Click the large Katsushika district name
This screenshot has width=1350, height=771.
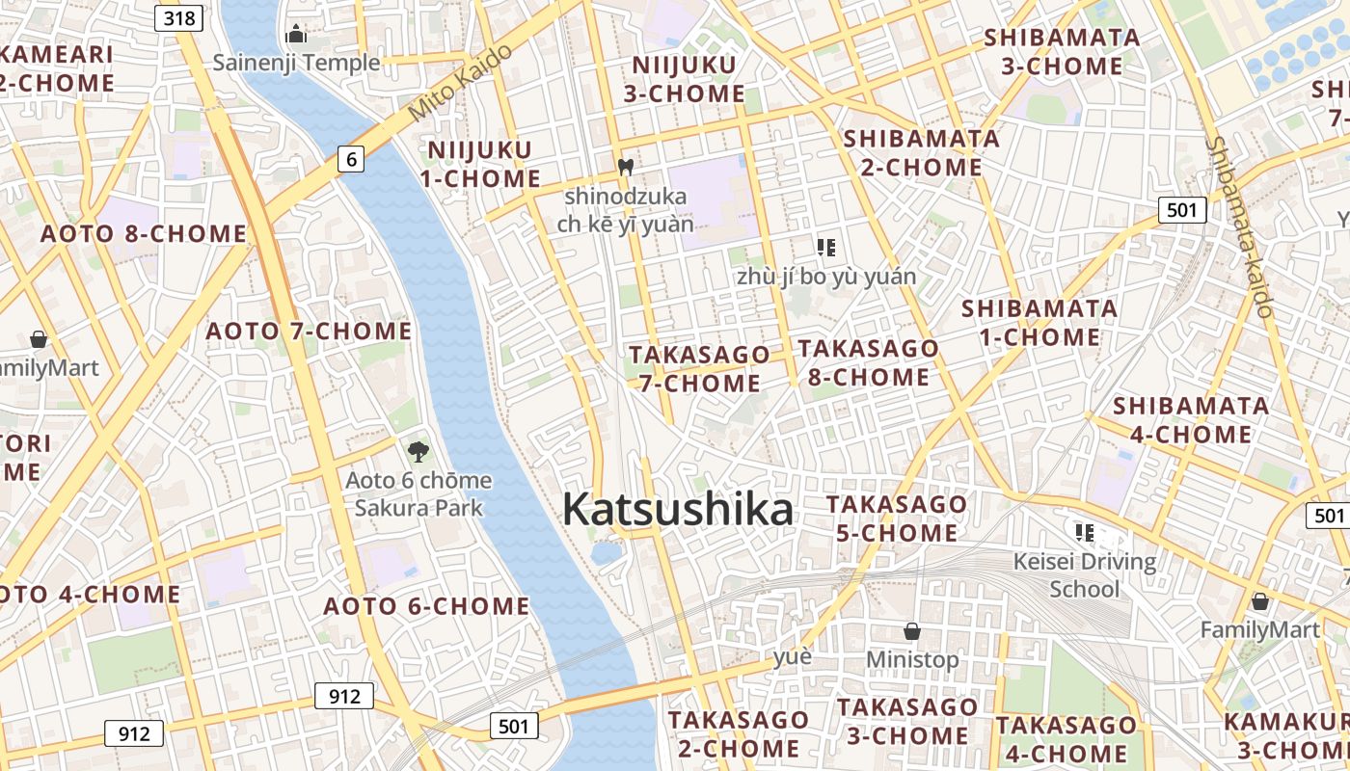coord(677,510)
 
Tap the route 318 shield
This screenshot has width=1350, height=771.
coord(179,17)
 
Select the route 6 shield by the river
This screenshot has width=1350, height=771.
coord(351,159)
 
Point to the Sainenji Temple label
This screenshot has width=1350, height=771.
coord(296,63)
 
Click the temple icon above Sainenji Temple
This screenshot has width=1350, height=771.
coord(296,35)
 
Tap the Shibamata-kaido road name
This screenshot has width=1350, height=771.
coord(1240,226)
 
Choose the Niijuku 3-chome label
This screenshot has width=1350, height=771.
coord(684,79)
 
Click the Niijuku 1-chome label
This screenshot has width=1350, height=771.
coord(480,164)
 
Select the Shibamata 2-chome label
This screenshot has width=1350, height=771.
coord(922,152)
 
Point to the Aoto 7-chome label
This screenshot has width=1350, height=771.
coord(309,332)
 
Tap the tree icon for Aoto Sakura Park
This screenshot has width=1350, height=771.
coord(418,450)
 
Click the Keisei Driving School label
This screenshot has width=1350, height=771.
coord(1085,574)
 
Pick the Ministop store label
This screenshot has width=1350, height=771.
coord(912,659)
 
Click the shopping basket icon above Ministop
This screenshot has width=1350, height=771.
coord(912,631)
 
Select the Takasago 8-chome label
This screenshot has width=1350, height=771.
coord(868,362)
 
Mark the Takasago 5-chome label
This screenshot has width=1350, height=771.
coord(896,518)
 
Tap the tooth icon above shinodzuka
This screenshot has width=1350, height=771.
coord(625,167)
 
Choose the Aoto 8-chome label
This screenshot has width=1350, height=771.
coord(144,233)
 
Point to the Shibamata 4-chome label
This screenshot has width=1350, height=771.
coord(1190,419)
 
